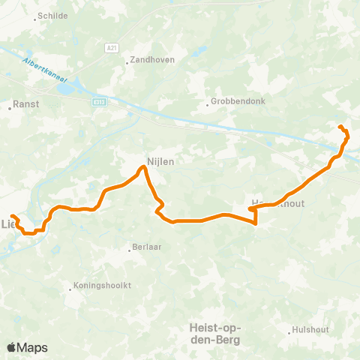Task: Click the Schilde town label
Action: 52,16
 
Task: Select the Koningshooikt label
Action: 103,286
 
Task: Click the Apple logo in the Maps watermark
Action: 12,347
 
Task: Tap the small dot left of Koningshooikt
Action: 73,286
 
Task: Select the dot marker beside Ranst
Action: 10,107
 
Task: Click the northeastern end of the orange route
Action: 340,126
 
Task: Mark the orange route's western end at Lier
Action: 12,217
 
